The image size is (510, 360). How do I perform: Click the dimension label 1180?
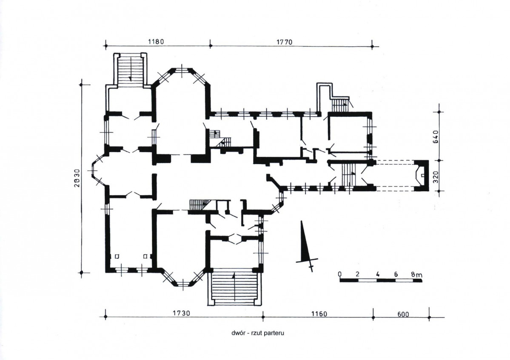pos(156,42)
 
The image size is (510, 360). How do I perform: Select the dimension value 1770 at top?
pos(284,42)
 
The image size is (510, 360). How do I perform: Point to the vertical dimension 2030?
pos(77,178)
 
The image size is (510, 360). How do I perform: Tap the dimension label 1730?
pos(181,313)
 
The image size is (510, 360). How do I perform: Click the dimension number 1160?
pos(319,314)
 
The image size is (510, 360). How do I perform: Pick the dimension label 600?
pos(403,314)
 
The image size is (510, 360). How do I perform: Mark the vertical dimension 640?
pos(436,136)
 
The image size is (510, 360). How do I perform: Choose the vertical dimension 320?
pos(436,177)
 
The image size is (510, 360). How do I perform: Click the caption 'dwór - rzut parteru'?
pos(258,333)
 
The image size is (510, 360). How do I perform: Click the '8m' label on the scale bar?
pos(417,275)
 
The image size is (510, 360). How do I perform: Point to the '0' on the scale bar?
pos(340,274)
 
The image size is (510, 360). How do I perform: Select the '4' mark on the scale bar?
pos(377,274)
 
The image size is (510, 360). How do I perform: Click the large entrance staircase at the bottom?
pos(234,286)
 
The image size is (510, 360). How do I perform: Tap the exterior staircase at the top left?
pos(130,69)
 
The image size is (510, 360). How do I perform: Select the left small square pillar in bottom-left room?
pos(117,256)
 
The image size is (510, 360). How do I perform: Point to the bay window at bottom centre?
pos(183,278)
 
